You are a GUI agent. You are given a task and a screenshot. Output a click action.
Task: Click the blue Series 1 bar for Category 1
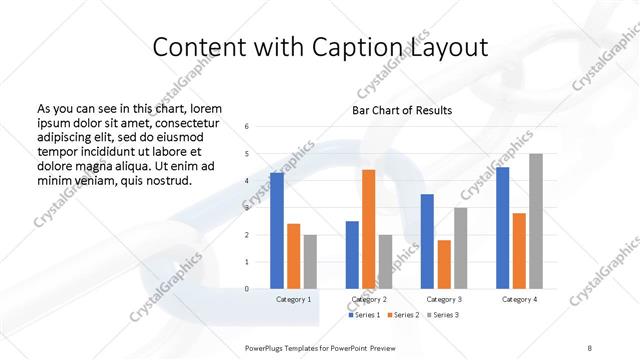point(277,231)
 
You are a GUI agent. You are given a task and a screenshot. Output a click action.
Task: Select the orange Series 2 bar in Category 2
point(368,229)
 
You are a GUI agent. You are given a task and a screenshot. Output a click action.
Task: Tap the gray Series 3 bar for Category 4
point(536,221)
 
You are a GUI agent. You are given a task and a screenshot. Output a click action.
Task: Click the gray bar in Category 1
point(310,262)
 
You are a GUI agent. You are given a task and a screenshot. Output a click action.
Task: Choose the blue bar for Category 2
point(352,255)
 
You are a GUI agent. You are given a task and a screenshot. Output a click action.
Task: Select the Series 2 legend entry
point(403,315)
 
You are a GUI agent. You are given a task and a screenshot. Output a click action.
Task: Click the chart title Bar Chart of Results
point(402,110)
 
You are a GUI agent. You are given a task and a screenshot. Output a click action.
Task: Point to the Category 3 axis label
point(444,299)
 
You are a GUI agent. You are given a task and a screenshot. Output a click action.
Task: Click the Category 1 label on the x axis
point(293,299)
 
